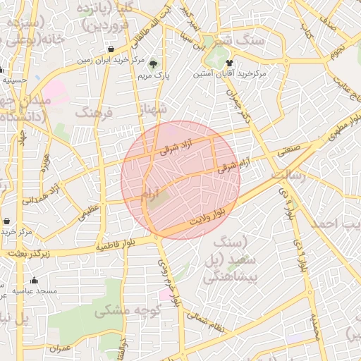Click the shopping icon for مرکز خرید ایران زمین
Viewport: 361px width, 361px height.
pyautogui.click(x=112, y=49)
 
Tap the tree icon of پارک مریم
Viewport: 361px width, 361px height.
pyautogui.click(x=153, y=64)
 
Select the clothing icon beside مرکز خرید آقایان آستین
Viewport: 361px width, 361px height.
pyautogui.click(x=228, y=63)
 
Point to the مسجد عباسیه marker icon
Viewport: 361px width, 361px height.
pyautogui.click(x=35, y=281)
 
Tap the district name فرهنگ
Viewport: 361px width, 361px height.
pyautogui.click(x=93, y=113)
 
